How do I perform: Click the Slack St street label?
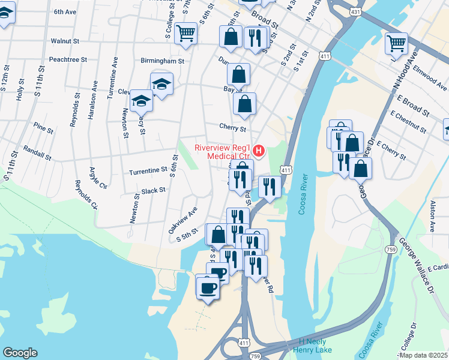click(153, 190)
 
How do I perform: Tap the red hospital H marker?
click(259, 150)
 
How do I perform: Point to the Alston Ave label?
click(432, 217)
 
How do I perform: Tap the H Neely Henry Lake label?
click(316, 345)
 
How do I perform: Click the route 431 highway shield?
click(355, 11)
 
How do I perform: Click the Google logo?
click(20, 353)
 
